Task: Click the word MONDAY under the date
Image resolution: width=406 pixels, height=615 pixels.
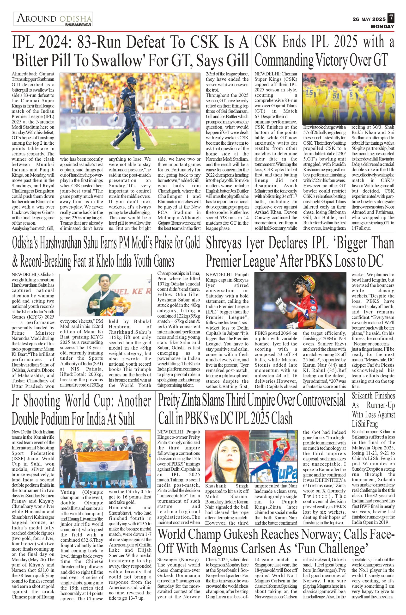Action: click(x=382, y=26)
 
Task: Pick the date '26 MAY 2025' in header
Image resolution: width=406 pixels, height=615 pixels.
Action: click(x=369, y=19)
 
